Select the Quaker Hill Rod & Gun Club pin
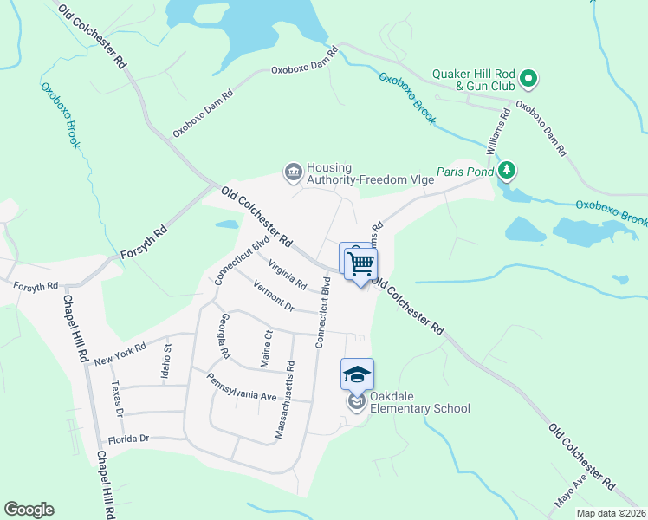point(528,81)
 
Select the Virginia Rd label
point(287,275)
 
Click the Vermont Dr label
point(273,296)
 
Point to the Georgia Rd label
point(224,335)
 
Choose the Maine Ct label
point(267,347)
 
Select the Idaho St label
point(168,359)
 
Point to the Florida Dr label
point(123,439)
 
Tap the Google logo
point(29,510)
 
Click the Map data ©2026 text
point(610,513)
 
